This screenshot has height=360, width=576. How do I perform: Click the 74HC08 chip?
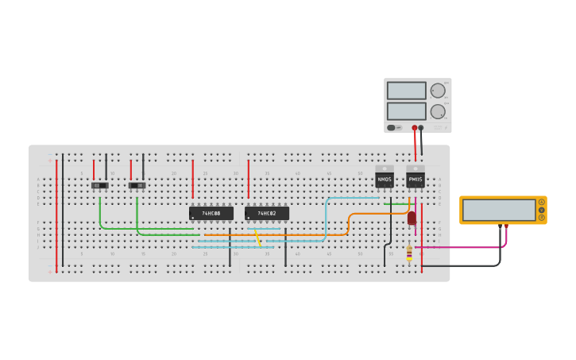coord(211,213)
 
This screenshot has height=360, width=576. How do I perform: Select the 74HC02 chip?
coord(266,213)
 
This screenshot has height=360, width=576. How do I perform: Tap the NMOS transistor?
coord(385,178)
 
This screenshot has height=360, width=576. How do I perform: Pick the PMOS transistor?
coord(416,178)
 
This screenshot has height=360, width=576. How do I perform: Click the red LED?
coord(412,218)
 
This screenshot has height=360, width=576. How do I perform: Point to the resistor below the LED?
coord(409,253)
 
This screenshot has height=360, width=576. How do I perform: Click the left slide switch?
coord(99,185)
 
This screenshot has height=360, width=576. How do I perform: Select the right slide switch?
coord(137,185)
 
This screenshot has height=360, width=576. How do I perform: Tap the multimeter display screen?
coord(499,210)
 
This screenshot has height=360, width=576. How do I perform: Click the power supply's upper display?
coord(407,91)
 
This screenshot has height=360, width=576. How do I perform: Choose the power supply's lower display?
coord(407,110)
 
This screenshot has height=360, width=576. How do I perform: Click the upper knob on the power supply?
coord(438,91)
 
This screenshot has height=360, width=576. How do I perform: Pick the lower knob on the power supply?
coord(438,111)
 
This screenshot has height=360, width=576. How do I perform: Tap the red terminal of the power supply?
coord(414,127)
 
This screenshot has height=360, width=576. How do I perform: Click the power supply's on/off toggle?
coord(392,127)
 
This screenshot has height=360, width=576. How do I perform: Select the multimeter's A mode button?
coord(542,202)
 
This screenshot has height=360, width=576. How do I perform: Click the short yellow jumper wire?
coord(257,237)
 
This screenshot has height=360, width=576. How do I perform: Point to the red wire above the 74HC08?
coord(192,178)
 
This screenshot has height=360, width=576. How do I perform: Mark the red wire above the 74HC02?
coord(248,178)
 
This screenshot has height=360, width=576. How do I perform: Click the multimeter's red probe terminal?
coord(506,226)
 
